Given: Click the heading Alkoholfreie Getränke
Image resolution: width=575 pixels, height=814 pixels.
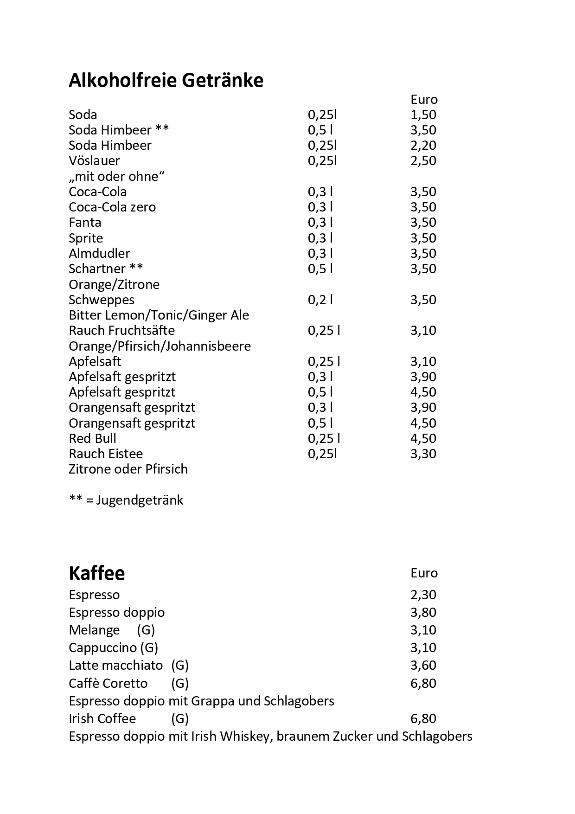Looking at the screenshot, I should tap(166, 80).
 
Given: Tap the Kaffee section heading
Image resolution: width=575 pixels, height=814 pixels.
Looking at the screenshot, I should tap(96, 573).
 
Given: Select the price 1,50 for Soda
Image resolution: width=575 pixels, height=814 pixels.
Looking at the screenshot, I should tap(423, 115).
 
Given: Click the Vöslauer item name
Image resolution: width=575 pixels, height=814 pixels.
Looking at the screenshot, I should tap(94, 160).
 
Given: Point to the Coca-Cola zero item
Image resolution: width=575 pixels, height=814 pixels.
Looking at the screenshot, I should tap(112, 207).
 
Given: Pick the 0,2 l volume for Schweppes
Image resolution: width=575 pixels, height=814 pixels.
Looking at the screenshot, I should tap(320, 300).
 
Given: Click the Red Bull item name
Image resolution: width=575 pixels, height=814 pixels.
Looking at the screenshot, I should tap(92, 438).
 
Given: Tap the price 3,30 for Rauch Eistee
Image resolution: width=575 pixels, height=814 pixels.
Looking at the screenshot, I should tap(423, 454).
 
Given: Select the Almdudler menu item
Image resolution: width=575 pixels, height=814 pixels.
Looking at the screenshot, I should tap(99, 253).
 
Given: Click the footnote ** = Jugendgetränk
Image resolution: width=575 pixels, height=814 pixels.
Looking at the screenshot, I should tap(126, 500).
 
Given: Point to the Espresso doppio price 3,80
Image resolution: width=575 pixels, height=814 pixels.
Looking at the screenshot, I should tap(423, 612).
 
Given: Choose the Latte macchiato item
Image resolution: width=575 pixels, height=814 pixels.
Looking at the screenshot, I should tap(116, 665).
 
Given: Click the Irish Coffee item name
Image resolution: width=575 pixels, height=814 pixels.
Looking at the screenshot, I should tap(102, 718).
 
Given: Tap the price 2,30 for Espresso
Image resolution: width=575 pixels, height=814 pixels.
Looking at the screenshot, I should tap(423, 595).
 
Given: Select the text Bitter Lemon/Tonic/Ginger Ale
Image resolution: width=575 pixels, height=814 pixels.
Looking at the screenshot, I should tap(159, 315).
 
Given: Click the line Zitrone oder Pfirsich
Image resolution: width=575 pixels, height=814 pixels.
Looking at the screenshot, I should tap(128, 469).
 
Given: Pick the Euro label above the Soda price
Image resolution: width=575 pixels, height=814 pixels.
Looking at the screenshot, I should tap(424, 99).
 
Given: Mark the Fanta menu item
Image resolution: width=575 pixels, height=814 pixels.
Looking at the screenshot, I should tap(85, 222).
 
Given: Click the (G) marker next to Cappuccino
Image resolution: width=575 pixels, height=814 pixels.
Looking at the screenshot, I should tap(149, 647).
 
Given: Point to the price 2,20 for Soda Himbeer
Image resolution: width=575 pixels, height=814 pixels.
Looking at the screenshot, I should tap(423, 145).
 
